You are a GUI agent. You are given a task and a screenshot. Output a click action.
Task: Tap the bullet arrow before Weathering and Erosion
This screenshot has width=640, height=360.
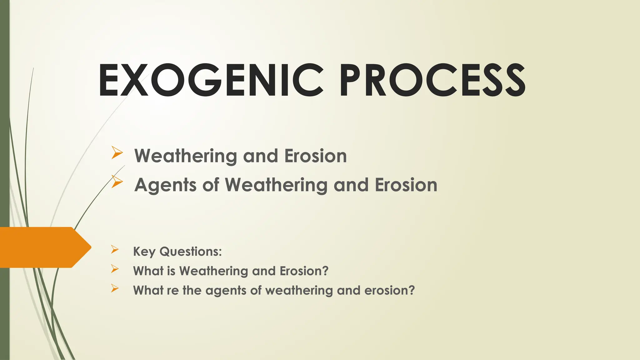coord(117,153)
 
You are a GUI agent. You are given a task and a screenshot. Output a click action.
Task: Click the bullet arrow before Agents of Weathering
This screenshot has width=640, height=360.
coord(117,182)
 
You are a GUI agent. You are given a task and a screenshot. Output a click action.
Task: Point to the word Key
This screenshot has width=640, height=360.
coord(144,252)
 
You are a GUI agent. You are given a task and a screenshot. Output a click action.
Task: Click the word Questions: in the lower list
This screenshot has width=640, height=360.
coord(191,252)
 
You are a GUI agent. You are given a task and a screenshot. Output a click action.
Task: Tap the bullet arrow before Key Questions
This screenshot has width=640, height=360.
coord(115,249)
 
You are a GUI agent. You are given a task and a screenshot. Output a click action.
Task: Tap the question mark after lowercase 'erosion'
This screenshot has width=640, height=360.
coord(412,290)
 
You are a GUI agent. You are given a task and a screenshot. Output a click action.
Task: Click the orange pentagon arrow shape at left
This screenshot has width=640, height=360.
coord(44,247)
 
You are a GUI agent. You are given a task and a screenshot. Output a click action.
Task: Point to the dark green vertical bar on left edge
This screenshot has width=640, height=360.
coord(4,125)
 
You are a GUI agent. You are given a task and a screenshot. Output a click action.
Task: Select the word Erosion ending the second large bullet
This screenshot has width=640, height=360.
coord(406,185)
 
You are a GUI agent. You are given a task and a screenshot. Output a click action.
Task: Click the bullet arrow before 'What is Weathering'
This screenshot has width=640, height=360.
coord(115,269)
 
